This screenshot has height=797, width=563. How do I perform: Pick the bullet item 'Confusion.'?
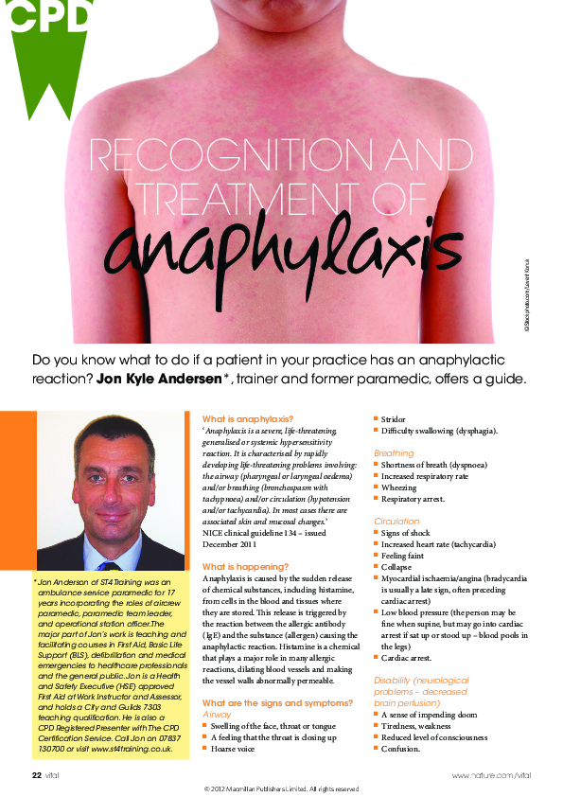[401, 748]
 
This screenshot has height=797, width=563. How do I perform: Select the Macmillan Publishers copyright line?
[281, 788]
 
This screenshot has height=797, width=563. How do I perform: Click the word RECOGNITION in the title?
[203, 152]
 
